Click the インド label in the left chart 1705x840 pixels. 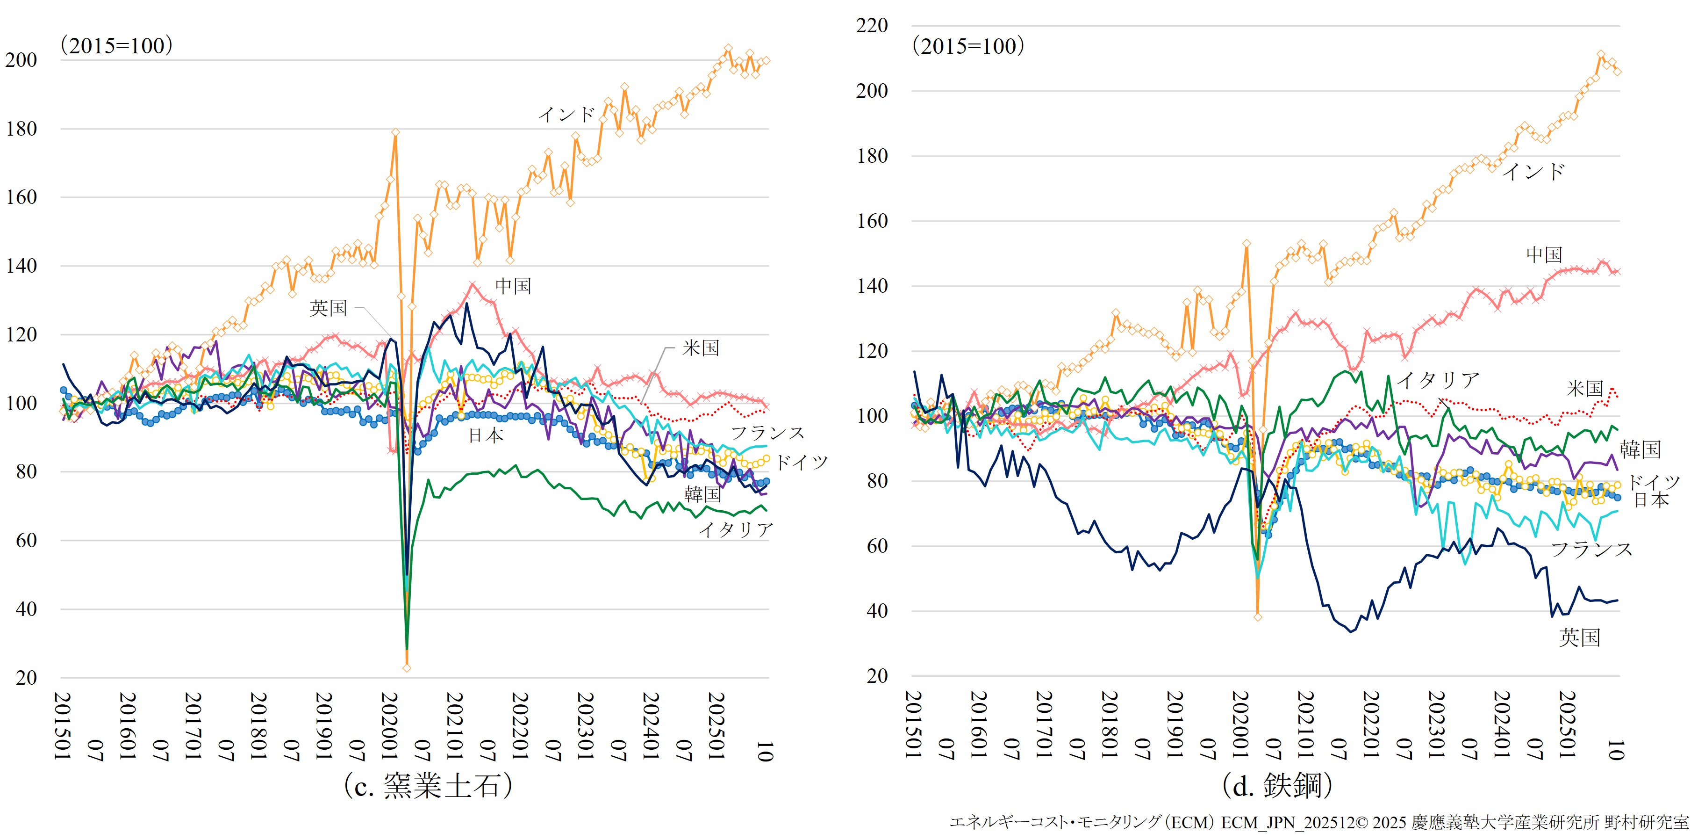tap(566, 115)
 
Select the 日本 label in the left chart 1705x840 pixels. tap(486, 435)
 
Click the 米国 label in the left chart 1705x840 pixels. tap(701, 348)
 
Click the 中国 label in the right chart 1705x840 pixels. tap(1544, 254)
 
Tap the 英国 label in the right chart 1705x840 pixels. tap(1579, 637)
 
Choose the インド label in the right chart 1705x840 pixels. tap(1533, 172)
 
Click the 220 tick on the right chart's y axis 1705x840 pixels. tap(872, 26)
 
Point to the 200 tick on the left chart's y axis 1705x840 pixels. tap(21, 60)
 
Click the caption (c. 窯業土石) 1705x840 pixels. tap(428, 786)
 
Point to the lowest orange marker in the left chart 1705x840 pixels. tap(407, 668)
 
